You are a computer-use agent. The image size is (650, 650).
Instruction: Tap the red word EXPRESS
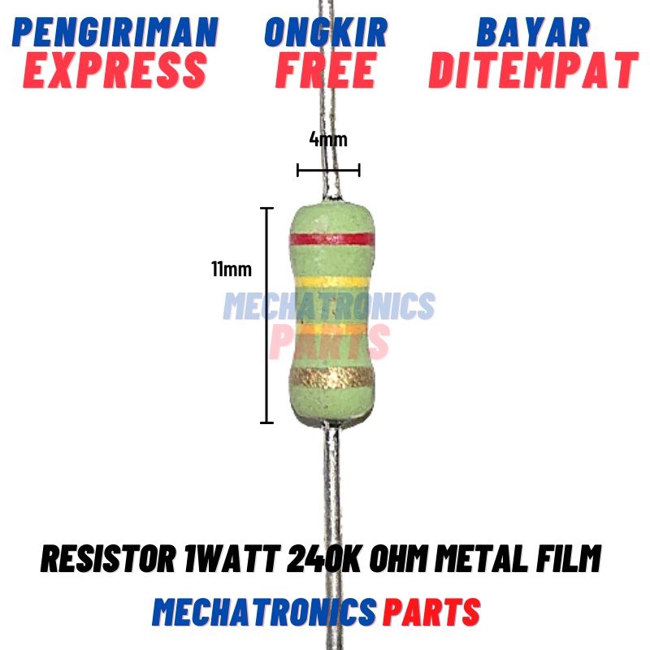pos(115,71)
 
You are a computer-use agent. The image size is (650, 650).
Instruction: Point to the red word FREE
pos(325,71)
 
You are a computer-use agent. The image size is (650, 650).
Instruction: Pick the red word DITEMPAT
pos(533,71)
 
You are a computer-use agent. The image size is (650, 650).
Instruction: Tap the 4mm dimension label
pos(328,139)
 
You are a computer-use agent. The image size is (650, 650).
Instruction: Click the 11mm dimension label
pos(232,269)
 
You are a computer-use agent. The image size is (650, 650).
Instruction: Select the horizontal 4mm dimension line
pos(328,170)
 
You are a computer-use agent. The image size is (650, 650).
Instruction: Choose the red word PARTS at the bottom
pos(431,612)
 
